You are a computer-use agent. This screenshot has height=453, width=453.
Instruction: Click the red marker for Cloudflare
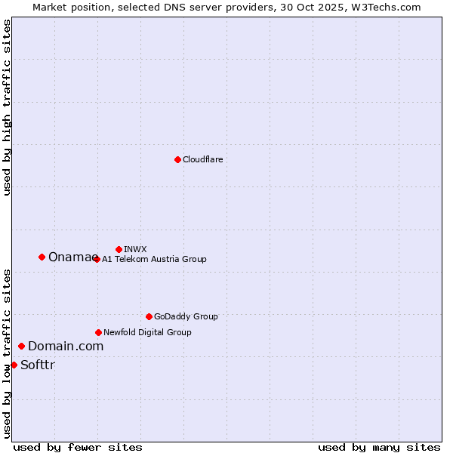point(177,159)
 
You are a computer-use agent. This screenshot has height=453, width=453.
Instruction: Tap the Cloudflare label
point(202,159)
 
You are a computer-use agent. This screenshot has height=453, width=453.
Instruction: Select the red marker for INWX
point(119,249)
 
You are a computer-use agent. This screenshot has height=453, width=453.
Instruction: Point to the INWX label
point(135,249)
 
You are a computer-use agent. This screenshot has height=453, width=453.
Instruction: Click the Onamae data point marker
point(42,257)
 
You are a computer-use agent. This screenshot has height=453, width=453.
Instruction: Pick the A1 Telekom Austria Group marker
point(97,259)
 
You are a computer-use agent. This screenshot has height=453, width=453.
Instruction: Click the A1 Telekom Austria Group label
point(154,259)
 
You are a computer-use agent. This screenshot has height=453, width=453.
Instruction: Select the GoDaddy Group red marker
point(149,316)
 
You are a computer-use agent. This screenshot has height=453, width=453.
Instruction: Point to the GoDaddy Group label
point(186,316)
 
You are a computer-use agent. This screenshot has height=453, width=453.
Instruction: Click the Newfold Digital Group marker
point(98,332)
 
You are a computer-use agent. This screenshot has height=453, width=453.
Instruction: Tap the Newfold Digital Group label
point(147,332)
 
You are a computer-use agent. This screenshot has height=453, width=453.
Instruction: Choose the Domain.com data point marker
point(21,346)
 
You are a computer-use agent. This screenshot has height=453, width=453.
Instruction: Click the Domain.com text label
point(66,346)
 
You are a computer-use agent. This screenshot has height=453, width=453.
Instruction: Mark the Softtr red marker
point(14,365)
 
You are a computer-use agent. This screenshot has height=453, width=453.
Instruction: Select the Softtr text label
point(38,365)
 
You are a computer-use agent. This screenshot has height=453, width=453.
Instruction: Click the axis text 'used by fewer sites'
point(78,447)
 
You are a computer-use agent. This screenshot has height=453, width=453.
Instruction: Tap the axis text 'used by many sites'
point(379,447)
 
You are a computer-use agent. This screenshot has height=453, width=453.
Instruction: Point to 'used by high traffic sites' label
point(7,107)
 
